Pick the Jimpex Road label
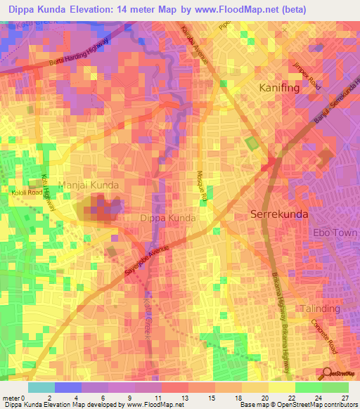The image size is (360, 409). coord(307,74)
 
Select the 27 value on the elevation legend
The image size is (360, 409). coord(344,398)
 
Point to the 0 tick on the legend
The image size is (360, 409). coord(25,398)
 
